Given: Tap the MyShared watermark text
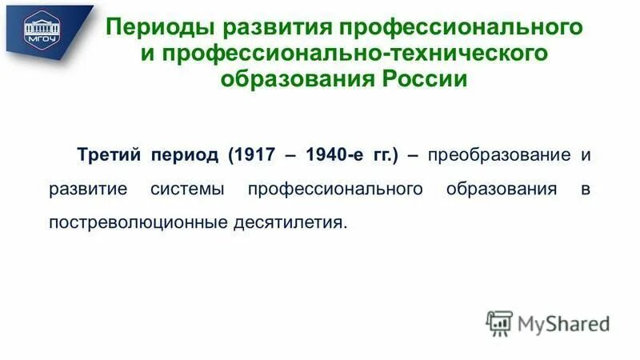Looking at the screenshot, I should [x=563, y=323].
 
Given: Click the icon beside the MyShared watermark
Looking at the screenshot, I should [x=499, y=323].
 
